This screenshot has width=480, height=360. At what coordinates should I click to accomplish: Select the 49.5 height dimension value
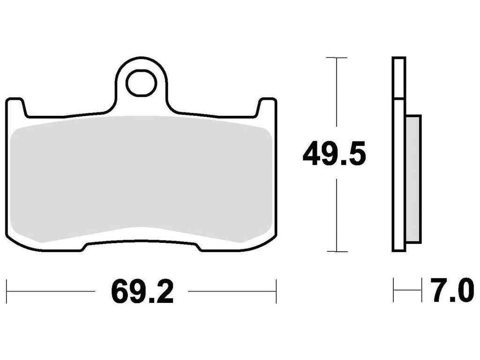coord(334,153)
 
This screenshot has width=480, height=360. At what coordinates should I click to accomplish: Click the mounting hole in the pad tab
coord(141,82)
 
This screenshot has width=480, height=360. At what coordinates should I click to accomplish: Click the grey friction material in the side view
coord(413,180)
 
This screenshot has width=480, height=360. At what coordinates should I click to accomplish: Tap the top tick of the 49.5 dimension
coord(337,58)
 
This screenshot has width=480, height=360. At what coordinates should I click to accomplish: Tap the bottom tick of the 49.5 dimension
coord(337,251)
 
